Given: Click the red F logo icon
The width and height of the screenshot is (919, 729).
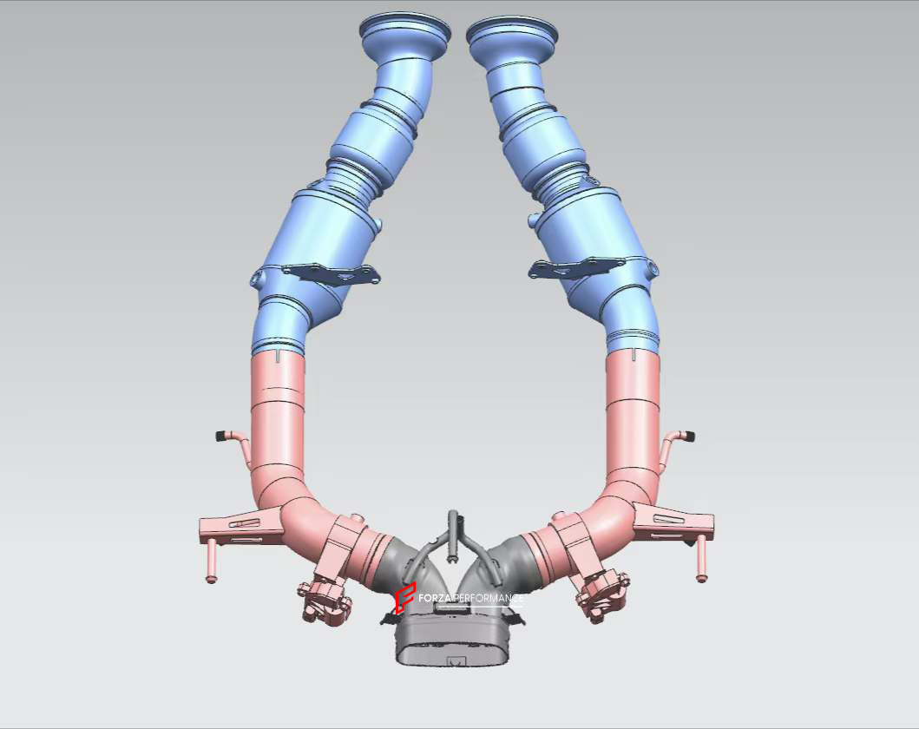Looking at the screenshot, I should pos(404,598).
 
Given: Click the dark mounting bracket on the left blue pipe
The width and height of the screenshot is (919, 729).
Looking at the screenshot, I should pos(331,273).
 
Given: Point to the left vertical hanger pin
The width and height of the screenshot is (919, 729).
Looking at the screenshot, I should pos(209,563).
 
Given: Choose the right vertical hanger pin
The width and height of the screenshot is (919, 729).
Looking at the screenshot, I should pos(701,560).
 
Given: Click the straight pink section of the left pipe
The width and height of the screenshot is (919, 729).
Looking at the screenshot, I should pos(278,408).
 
